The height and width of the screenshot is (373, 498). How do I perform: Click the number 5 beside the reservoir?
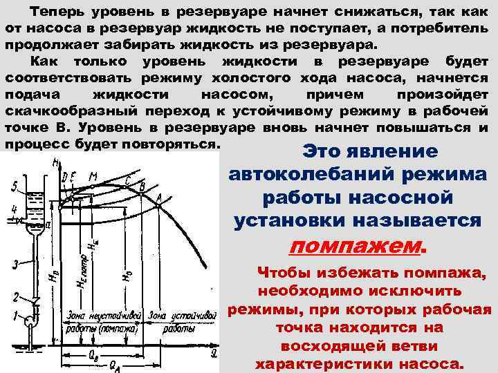point(13,185)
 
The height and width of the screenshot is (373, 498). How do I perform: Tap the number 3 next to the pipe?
point(14,265)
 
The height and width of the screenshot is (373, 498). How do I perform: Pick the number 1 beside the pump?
point(13,316)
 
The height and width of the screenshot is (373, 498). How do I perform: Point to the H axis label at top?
point(54,163)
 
